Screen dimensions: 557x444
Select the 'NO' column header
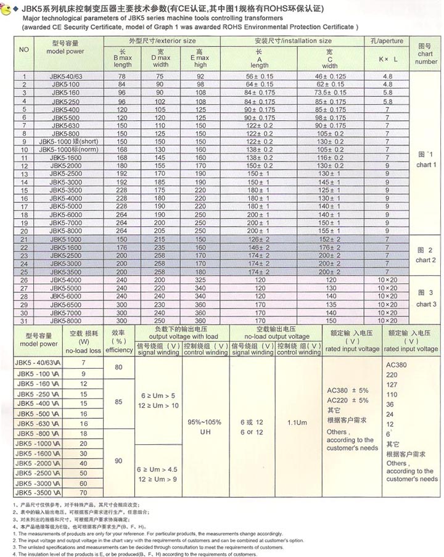(x=25, y=49)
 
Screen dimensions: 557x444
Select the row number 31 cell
(x=25, y=321)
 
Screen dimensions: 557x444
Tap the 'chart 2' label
(x=425, y=260)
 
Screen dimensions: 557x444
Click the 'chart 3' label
(x=425, y=304)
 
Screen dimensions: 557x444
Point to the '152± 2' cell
(x=329, y=239)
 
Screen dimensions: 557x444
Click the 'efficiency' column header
(x=119, y=350)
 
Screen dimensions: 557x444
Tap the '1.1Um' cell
(x=297, y=424)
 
